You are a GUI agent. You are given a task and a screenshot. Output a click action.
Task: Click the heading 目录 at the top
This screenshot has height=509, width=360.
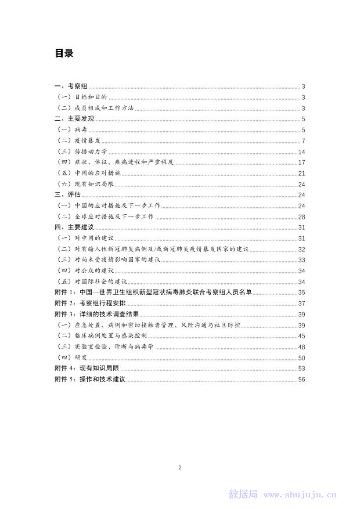coord(64,53)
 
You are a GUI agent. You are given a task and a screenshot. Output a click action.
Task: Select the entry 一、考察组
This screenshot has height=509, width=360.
coord(70,86)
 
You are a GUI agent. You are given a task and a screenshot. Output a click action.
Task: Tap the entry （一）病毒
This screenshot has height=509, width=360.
coord(71,130)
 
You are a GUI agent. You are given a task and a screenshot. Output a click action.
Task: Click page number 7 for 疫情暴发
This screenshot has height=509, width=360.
coord(303,141)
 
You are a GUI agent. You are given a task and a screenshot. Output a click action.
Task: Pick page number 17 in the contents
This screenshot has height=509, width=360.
coord(301,163)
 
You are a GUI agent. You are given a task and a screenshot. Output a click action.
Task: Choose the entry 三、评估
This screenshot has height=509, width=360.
coord(67,195)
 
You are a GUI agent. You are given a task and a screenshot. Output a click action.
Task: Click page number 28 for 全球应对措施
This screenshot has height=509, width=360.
coord(301,216)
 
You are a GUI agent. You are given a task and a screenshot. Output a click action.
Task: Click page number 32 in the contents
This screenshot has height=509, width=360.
coord(301,249)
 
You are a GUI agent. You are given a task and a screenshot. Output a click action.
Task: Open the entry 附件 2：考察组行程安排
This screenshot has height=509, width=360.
coord(89,303)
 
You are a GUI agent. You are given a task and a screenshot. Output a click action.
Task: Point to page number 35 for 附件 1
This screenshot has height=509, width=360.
coord(301,292)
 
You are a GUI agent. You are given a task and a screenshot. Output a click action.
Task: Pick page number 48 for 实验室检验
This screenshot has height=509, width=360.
coord(301,346)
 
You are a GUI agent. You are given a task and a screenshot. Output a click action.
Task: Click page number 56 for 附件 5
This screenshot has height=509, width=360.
coord(301,379)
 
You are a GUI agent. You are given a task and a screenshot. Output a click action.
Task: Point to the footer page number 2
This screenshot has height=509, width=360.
coord(180,467)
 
